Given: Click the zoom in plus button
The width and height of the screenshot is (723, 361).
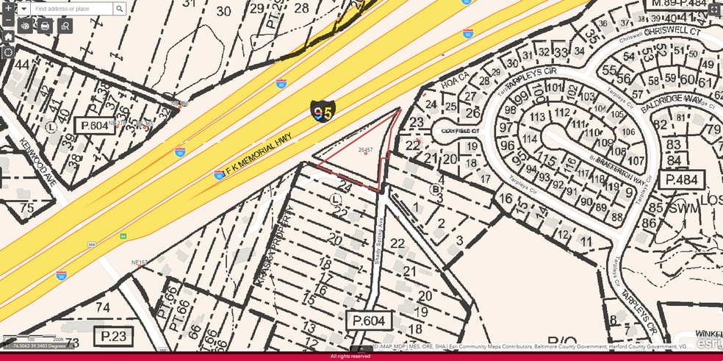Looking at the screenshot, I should [x=8, y=8].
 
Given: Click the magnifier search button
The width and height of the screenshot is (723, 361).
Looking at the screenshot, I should [x=119, y=9].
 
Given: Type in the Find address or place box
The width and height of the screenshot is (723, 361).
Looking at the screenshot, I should [x=71, y=9].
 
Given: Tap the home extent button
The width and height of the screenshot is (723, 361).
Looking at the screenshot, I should [x=8, y=37].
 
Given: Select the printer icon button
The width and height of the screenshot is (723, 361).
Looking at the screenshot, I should [x=45, y=26].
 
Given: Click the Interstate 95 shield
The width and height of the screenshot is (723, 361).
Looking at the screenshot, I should [x=321, y=112].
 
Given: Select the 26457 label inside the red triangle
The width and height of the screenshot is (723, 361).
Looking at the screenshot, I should [x=365, y=150].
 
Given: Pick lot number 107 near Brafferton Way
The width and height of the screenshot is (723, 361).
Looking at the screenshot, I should [x=636, y=161].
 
